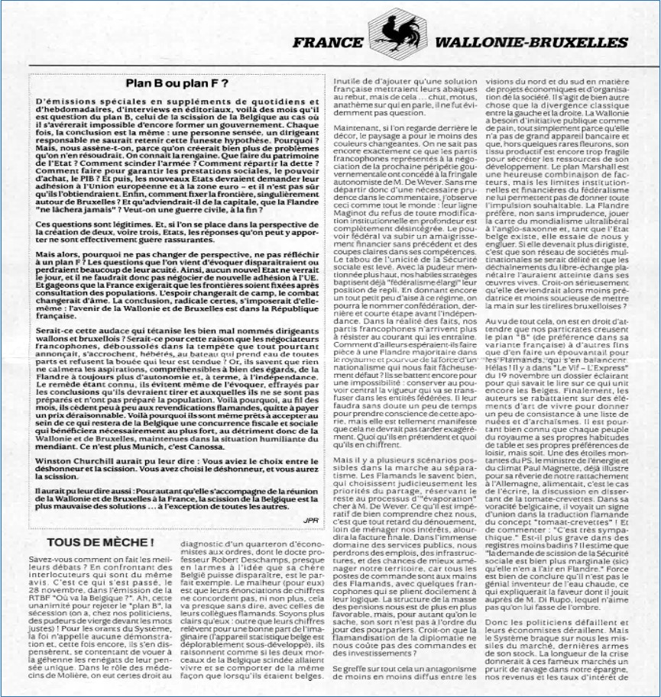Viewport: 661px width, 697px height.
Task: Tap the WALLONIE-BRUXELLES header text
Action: pos(531,42)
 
